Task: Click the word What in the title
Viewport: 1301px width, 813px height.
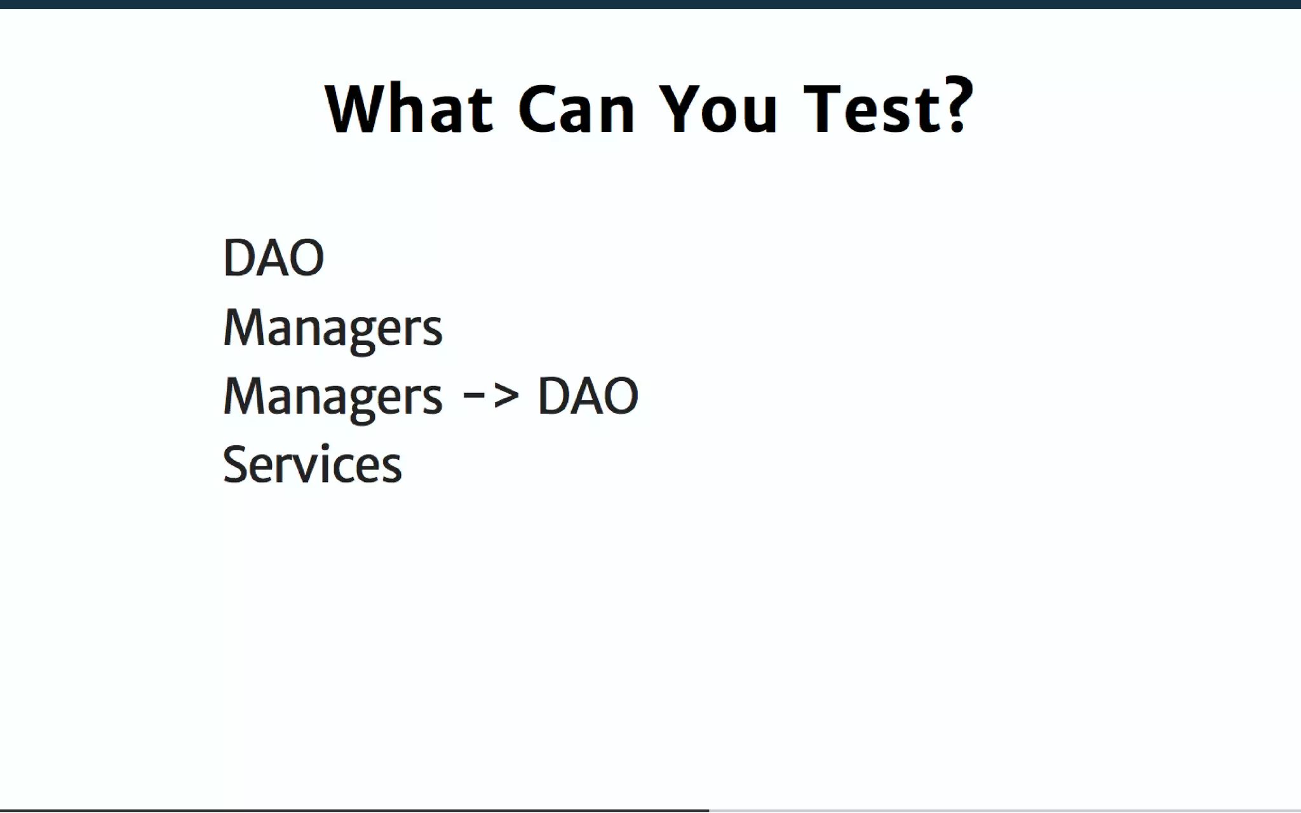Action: click(408, 109)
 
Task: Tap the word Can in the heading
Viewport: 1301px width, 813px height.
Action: click(576, 109)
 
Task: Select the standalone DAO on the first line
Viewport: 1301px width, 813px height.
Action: click(273, 258)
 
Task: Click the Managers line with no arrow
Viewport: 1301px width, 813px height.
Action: click(332, 328)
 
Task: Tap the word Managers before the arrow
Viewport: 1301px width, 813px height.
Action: click(332, 397)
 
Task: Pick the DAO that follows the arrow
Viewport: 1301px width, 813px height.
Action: click(588, 396)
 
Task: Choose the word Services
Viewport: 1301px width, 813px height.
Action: click(312, 465)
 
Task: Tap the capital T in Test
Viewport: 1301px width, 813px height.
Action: click(822, 109)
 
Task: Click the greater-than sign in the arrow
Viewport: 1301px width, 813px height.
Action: click(506, 396)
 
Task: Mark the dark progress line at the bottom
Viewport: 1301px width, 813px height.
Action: click(354, 810)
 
